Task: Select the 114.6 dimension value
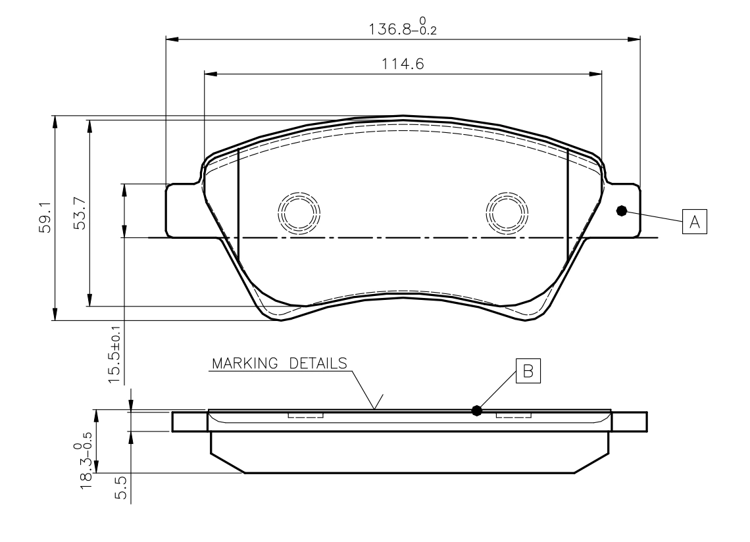(x=403, y=64)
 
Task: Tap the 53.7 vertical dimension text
(x=80, y=213)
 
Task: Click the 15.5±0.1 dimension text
(x=114, y=355)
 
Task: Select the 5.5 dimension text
(x=122, y=487)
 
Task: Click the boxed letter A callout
(x=695, y=222)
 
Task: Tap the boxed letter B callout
(x=528, y=371)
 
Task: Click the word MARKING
(x=245, y=364)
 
